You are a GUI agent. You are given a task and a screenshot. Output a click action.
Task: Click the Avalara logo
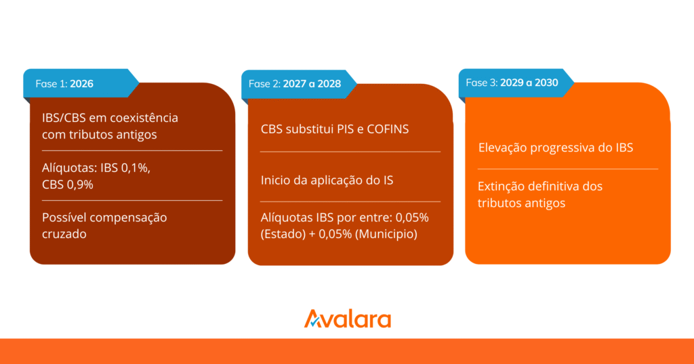point(348,319)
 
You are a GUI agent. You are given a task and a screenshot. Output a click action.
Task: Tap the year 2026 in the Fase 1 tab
point(81,84)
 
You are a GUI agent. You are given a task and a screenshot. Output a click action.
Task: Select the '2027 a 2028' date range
point(312,84)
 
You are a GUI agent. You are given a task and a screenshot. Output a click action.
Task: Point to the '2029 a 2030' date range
point(529,83)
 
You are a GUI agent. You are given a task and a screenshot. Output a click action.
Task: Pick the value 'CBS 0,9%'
point(68,185)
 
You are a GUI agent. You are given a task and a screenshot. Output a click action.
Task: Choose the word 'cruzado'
point(64,234)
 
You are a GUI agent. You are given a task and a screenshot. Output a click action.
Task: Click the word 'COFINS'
point(388,129)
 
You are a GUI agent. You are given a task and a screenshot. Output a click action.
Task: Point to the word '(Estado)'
point(283,234)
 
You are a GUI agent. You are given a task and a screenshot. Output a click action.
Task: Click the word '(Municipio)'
point(386,234)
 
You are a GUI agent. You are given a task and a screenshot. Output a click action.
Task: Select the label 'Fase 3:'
point(482,83)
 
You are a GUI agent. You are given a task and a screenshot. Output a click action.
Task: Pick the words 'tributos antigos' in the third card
point(521,203)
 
